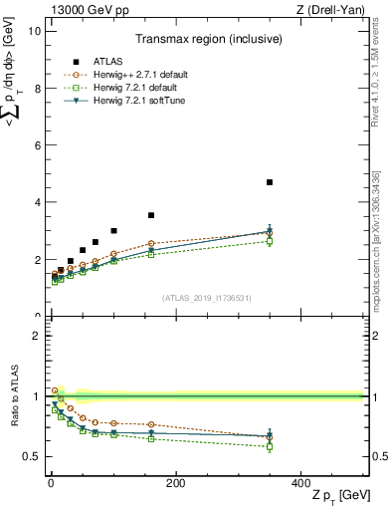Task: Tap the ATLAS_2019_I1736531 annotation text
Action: (206, 297)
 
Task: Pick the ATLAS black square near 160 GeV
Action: (151, 215)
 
